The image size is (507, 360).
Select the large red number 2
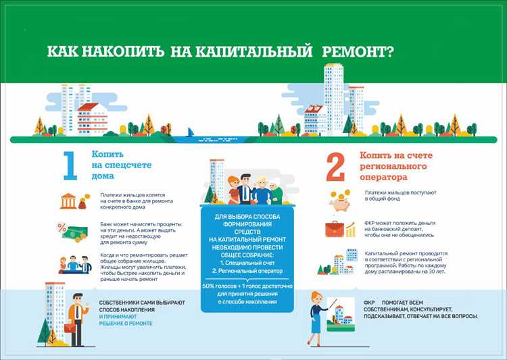(x=335, y=167)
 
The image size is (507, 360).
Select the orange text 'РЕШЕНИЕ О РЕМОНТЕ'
(x=126, y=324)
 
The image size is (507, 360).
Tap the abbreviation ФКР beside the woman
(x=369, y=303)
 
